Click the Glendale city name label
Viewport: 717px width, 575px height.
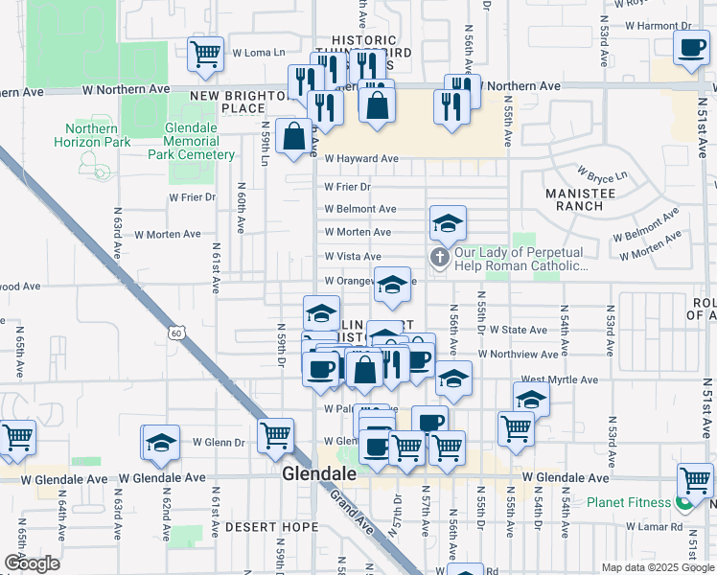coord(320,473)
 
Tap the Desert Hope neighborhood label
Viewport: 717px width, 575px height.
coord(272,526)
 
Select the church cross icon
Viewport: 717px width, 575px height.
coord(440,256)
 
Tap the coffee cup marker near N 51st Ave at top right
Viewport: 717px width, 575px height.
coord(690,48)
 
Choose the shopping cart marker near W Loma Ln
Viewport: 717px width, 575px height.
coord(206,55)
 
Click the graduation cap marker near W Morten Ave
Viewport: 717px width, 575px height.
coord(448,223)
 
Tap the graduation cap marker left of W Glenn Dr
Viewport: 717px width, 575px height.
coord(161,442)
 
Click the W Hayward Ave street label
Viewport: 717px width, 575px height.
coord(360,159)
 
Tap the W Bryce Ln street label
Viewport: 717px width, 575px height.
coord(601,175)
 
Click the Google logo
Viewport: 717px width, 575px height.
coord(32,563)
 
